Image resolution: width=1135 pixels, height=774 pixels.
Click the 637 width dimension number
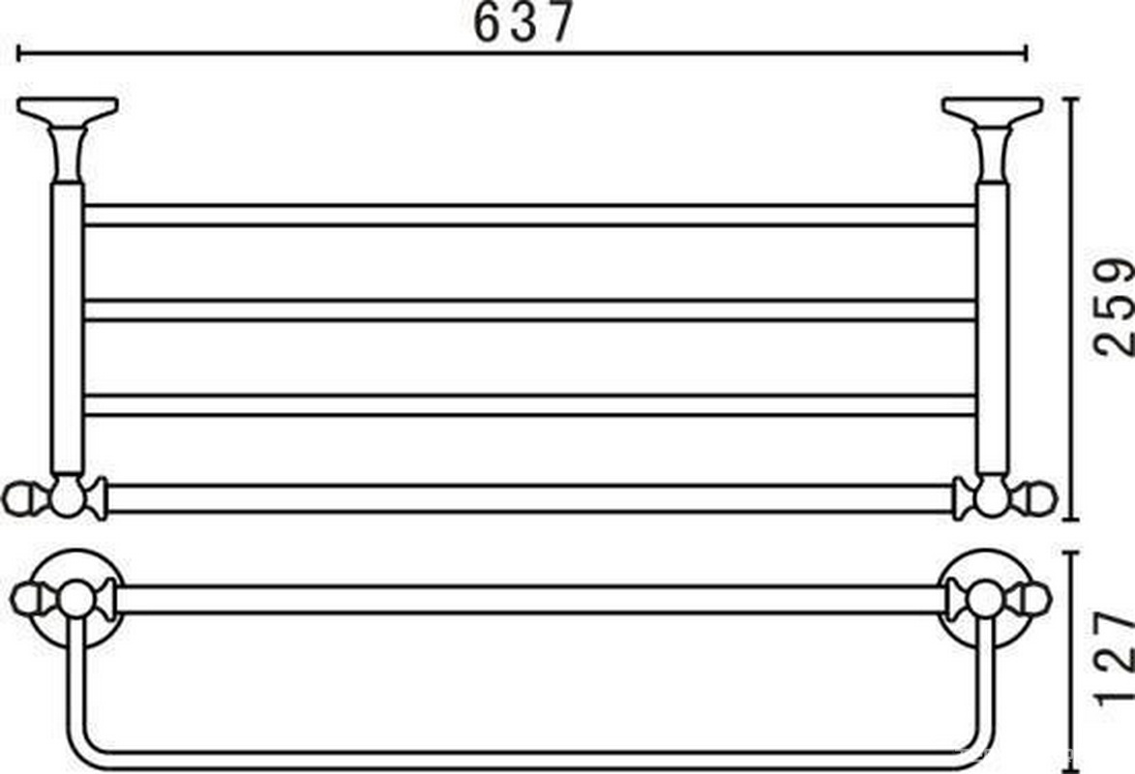click(x=523, y=22)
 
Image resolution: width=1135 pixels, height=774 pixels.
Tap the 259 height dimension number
click(x=1113, y=306)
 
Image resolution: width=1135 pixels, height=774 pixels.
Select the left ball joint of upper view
click(x=66, y=497)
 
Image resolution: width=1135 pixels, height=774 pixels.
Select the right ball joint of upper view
click(x=992, y=497)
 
